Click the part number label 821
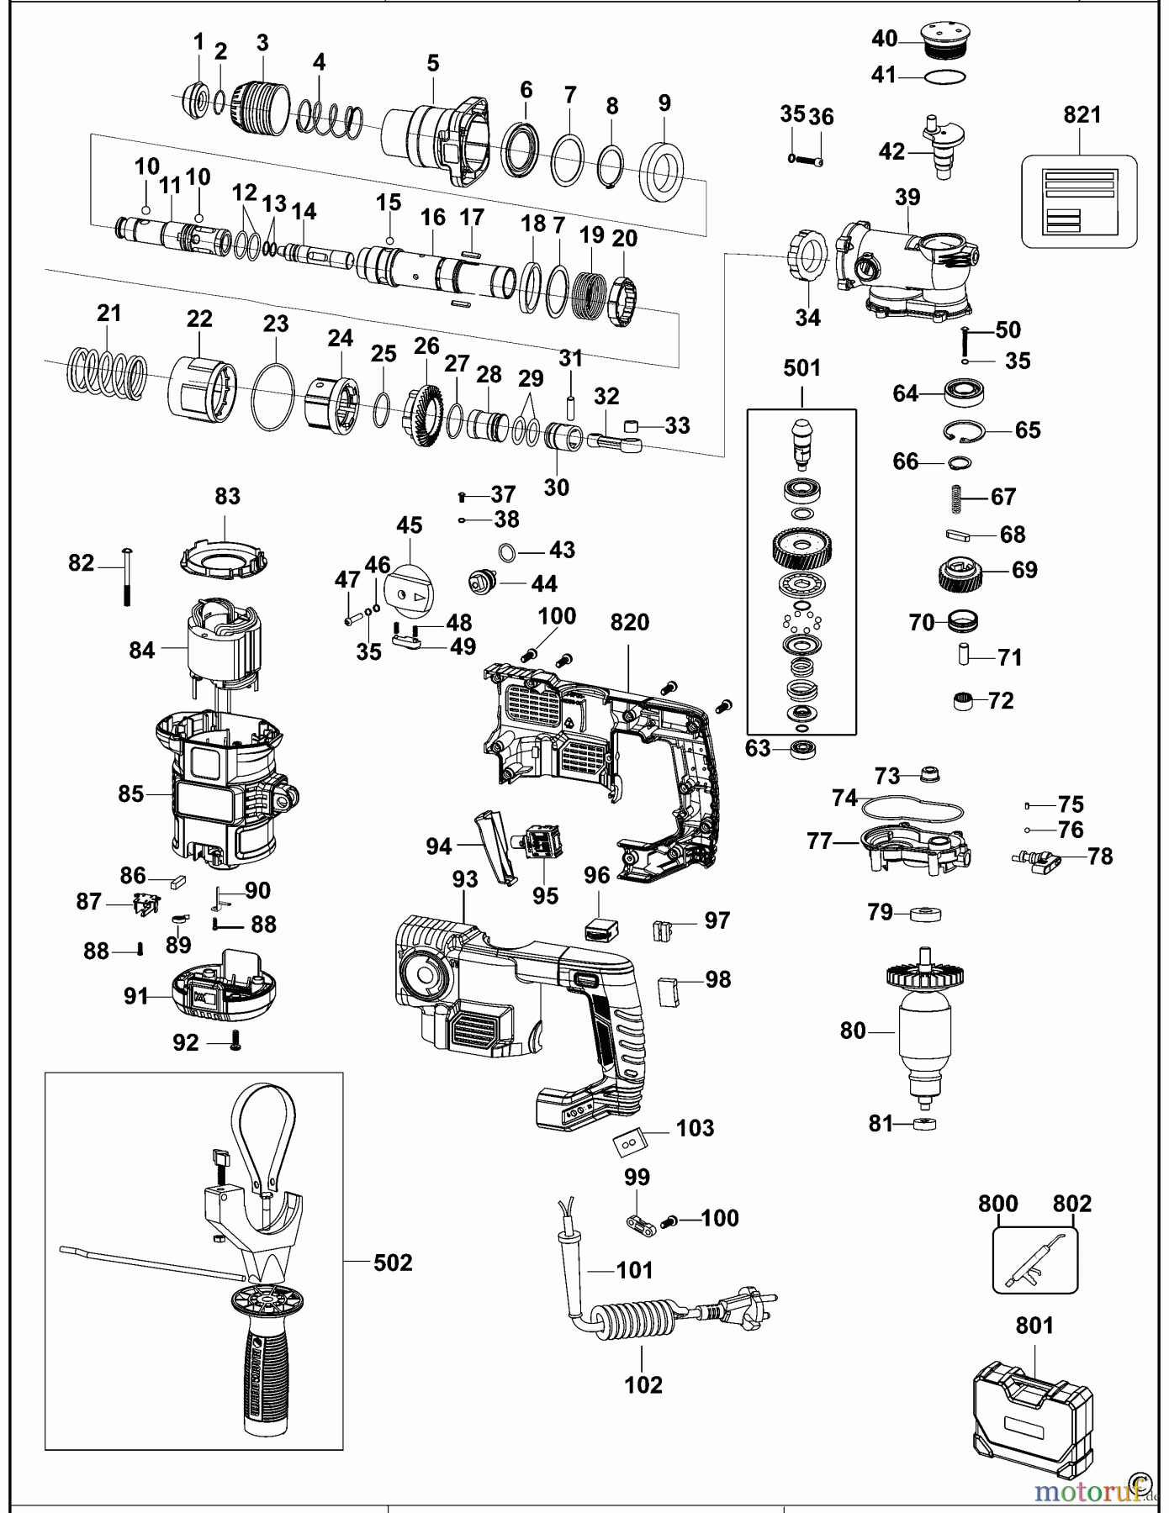click(1082, 115)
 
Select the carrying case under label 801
click(1034, 1420)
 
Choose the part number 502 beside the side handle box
click(393, 1263)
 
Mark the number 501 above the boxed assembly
click(801, 368)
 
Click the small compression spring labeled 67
click(956, 497)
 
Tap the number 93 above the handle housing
click(464, 879)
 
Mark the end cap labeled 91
click(223, 994)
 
